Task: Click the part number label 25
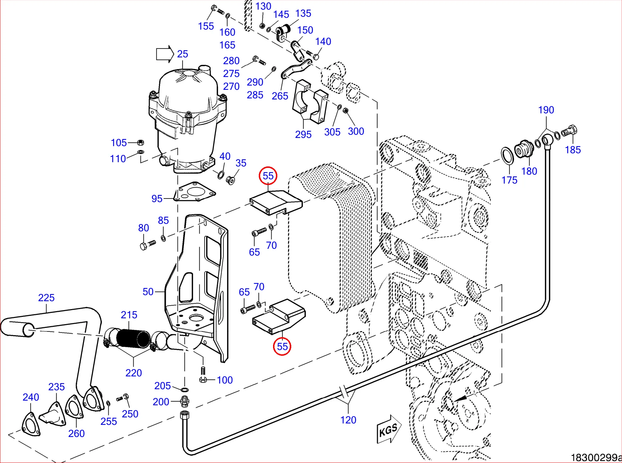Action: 183,54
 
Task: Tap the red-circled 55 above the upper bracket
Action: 268,175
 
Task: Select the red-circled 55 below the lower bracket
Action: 282,346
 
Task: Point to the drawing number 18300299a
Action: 596,457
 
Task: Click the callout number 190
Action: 546,110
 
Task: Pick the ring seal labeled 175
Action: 507,156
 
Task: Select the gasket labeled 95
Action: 194,192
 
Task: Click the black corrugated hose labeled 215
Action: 133,339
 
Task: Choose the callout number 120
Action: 348,420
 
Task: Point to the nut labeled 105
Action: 140,143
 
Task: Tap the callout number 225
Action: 46,298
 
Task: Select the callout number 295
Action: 303,134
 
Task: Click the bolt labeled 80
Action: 147,245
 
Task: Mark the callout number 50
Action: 148,292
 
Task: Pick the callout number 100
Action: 225,380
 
